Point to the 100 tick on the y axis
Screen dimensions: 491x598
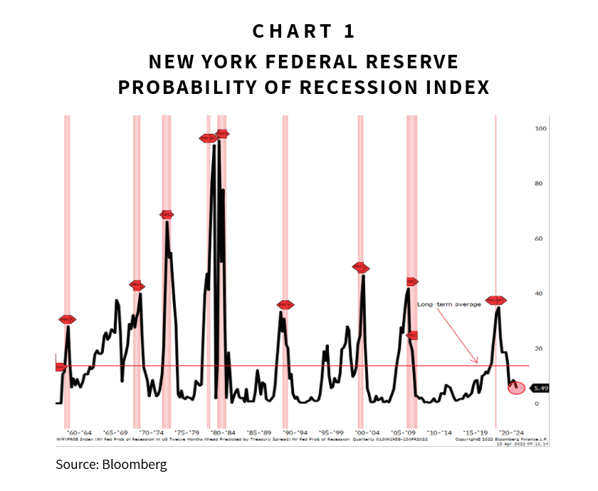tap(540, 129)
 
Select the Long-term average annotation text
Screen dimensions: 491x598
tap(449, 305)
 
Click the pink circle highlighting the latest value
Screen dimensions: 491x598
tap(517, 388)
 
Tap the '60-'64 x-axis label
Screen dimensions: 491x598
tap(78, 432)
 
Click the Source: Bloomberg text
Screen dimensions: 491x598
tap(111, 465)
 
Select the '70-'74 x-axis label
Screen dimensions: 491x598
tap(150, 432)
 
